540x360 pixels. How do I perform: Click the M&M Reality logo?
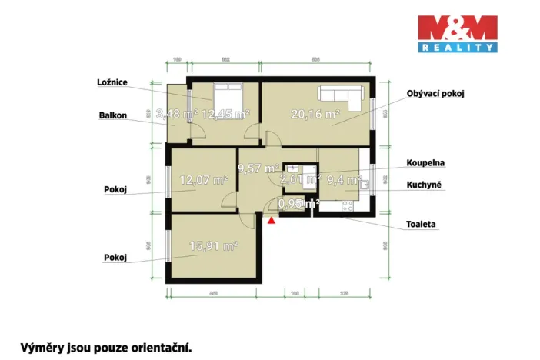coord(457,33)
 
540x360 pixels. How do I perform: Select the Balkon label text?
coord(113,116)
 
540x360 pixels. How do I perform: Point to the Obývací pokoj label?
coord(436,94)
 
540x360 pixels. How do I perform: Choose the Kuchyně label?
coord(424,186)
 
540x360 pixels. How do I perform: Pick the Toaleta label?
coord(422,225)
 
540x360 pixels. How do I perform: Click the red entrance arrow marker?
coord(271,221)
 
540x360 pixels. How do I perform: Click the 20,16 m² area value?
coord(315,115)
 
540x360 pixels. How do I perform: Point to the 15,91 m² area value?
coord(213,246)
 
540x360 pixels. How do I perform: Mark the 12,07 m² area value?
coord(203,180)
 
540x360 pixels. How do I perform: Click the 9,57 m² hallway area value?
coord(258,168)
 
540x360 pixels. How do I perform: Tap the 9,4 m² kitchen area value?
coord(344,180)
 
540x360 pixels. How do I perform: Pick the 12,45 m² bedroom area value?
coord(225,114)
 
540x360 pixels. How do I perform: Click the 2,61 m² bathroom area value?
coord(300,179)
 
